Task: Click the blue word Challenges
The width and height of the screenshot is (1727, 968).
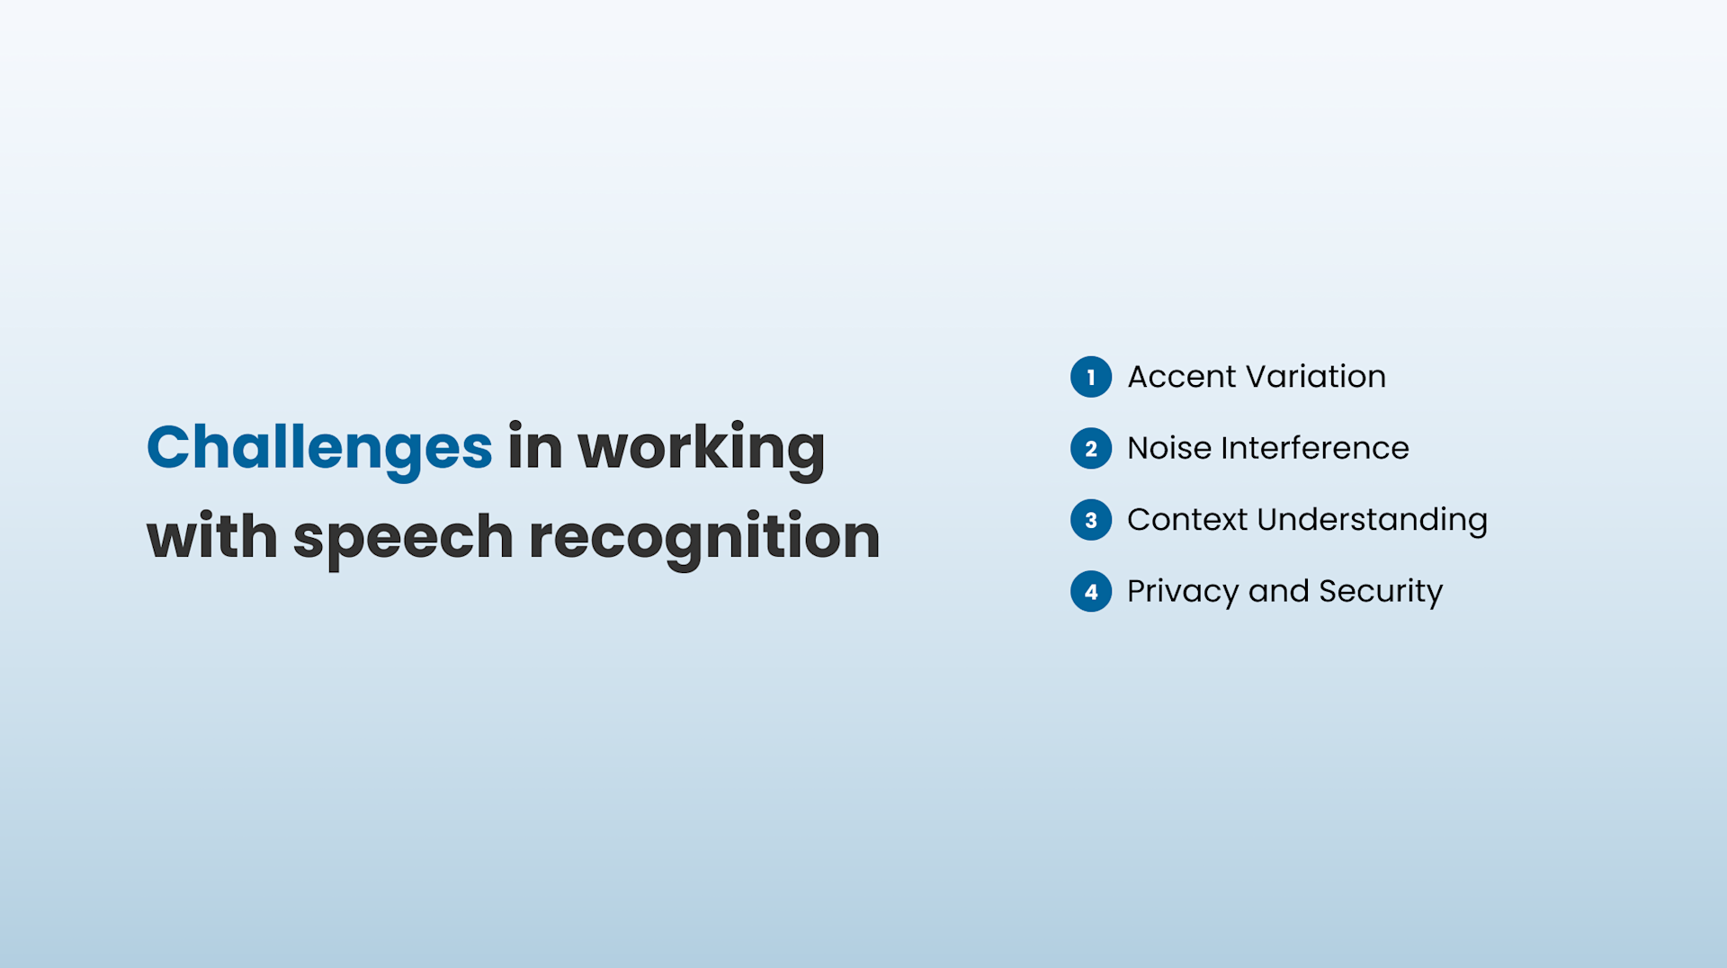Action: click(x=319, y=447)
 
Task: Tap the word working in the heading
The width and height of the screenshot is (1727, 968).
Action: click(x=701, y=447)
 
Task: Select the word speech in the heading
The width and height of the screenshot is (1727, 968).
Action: click(x=403, y=537)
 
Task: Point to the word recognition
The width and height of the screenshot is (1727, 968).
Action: click(x=704, y=537)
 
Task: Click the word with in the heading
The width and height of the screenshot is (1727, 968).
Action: click(x=211, y=537)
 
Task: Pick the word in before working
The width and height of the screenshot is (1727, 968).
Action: click(x=534, y=447)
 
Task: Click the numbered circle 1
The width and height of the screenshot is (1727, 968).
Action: click(x=1091, y=377)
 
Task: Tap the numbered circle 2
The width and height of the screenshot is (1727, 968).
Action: click(x=1091, y=448)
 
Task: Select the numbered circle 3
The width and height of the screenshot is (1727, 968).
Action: click(x=1091, y=520)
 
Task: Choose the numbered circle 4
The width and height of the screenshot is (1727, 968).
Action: click(x=1091, y=592)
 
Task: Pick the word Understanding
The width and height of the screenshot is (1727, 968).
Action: click(x=1372, y=520)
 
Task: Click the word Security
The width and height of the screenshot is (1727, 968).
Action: click(x=1381, y=592)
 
